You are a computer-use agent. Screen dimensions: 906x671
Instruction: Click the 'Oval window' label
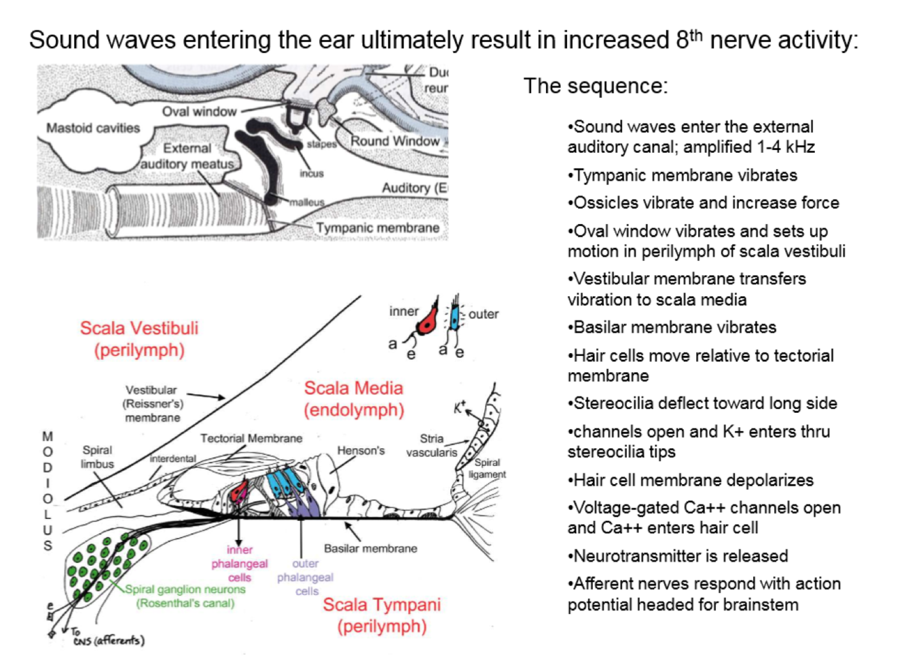tap(199, 111)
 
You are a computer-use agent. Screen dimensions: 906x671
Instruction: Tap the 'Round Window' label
tap(395, 141)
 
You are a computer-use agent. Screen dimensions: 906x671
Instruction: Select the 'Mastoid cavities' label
tap(93, 128)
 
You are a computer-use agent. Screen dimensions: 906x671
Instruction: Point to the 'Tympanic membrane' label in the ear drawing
tap(378, 228)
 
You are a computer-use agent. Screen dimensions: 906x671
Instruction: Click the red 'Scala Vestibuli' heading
tap(139, 328)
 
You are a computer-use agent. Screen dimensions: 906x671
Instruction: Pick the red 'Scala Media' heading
tap(353, 388)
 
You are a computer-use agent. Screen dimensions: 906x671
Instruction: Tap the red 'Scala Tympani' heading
tap(382, 604)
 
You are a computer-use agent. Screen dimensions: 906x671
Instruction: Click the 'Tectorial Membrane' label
tap(251, 438)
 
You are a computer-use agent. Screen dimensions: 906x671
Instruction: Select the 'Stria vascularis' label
tap(431, 446)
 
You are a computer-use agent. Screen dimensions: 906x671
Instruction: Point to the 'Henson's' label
tap(361, 450)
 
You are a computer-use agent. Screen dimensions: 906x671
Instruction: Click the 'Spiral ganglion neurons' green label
tap(185, 590)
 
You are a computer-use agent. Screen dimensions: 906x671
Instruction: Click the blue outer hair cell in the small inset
tap(454, 317)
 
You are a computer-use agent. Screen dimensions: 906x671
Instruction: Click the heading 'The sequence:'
tap(596, 86)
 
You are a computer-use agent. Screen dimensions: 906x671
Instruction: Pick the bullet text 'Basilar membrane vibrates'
tap(674, 327)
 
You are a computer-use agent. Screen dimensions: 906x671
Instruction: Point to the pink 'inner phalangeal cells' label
tap(239, 564)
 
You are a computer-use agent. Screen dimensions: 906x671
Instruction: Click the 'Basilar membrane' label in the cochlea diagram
tap(370, 548)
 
